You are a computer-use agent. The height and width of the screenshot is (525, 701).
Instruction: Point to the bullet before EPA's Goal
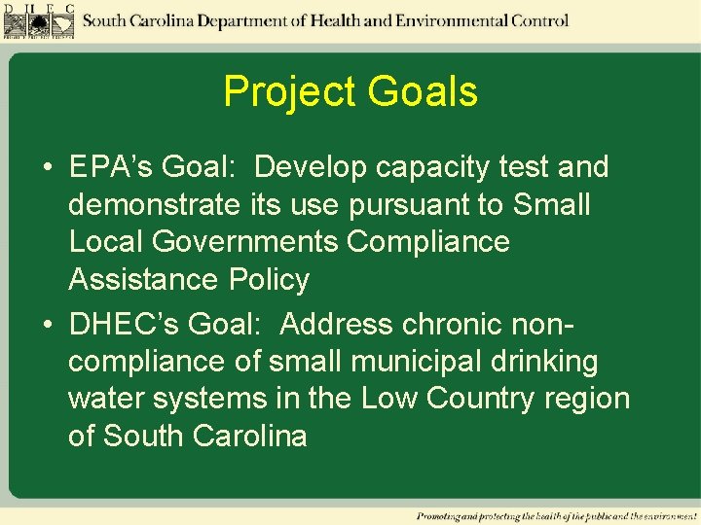47,167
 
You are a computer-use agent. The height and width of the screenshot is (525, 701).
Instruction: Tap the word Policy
269,280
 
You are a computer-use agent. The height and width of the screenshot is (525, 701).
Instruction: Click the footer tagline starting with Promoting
556,514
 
